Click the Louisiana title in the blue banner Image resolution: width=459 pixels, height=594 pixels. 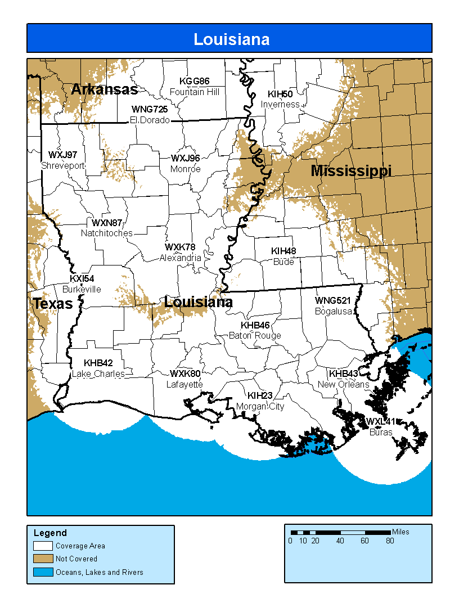[231, 39]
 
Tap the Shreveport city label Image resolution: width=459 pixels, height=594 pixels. [63, 165]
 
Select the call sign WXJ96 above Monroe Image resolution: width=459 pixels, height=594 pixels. [186, 158]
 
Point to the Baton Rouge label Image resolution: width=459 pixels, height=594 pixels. [255, 336]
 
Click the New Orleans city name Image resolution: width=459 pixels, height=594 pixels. [343, 385]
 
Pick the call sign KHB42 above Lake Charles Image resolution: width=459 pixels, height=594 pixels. [98, 363]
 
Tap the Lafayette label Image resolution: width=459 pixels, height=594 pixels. [184, 385]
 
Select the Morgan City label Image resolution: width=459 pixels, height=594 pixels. [260, 406]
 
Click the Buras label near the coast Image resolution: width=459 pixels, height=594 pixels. [381, 433]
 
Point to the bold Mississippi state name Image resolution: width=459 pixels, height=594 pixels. [351, 171]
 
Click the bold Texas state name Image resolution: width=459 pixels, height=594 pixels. [53, 304]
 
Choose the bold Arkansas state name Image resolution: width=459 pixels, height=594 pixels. [104, 89]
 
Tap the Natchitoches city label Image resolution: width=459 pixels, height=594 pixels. [107, 233]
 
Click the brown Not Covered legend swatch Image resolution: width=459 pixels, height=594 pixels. [43, 559]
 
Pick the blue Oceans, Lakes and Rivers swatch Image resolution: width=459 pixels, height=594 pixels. [43, 572]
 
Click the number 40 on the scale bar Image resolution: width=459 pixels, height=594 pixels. [340, 541]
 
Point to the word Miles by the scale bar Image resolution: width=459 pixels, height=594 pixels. [401, 532]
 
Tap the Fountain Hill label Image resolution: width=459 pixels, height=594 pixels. [195, 92]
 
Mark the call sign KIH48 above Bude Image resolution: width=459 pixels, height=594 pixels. [283, 251]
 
